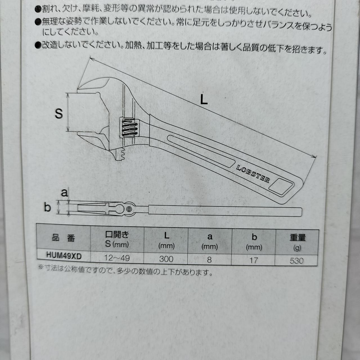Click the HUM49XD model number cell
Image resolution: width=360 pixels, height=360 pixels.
pyautogui.click(x=64, y=256)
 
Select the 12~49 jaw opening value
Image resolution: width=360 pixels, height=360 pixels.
pyautogui.click(x=117, y=258)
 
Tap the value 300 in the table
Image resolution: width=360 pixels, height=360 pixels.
pyautogui.click(x=166, y=259)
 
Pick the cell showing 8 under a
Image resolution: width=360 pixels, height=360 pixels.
pyautogui.click(x=209, y=260)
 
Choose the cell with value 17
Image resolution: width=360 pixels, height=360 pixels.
pyautogui.click(x=253, y=260)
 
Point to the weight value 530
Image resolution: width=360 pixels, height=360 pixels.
pyautogui.click(x=296, y=261)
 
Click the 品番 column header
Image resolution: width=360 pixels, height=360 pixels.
pyautogui.click(x=64, y=238)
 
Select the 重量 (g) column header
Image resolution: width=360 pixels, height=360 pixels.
pyautogui.click(x=297, y=242)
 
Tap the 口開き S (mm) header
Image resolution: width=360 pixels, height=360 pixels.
pyautogui.click(x=117, y=239)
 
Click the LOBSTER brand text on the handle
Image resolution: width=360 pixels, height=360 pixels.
pyautogui.click(x=253, y=174)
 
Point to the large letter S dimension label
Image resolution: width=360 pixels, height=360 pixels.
pyautogui.click(x=59, y=114)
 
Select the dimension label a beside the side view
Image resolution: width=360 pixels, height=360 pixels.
pyautogui.click(x=64, y=193)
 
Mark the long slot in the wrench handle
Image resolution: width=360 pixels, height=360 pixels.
pyautogui.click(x=201, y=151)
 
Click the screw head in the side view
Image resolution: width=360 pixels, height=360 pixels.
pyautogui.click(x=129, y=209)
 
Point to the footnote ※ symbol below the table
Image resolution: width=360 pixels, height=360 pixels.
pyautogui.click(x=41, y=267)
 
